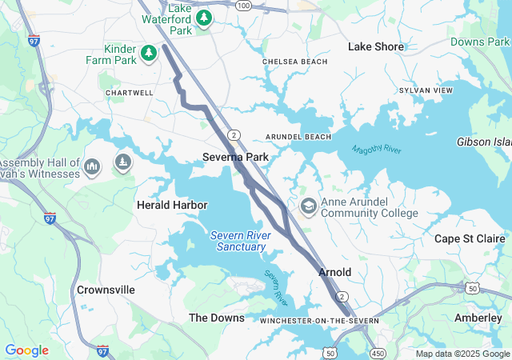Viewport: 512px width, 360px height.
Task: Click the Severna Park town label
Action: click(x=235, y=158)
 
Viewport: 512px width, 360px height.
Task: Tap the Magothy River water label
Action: click(x=377, y=150)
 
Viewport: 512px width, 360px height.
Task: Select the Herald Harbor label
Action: click(x=172, y=206)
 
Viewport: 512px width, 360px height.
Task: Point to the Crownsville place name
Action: click(x=106, y=290)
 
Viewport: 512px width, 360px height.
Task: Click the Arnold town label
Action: click(x=334, y=272)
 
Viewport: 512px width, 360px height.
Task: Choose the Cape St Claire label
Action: click(x=470, y=238)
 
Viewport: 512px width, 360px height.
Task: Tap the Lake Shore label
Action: click(x=375, y=47)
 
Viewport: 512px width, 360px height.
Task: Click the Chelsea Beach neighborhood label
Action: click(x=294, y=62)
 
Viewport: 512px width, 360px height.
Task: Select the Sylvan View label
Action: click(x=426, y=91)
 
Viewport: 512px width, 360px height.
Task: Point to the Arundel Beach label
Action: click(x=298, y=137)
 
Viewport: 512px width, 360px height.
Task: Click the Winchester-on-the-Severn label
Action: click(x=319, y=321)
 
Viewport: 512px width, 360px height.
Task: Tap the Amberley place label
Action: click(x=478, y=318)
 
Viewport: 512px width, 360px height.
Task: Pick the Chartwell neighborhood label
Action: click(x=129, y=93)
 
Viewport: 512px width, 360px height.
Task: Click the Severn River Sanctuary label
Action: click(x=241, y=241)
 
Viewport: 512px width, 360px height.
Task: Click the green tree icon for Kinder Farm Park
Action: click(x=148, y=54)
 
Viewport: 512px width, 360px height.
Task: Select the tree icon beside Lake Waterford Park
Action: click(x=204, y=18)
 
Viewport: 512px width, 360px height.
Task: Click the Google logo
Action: click(x=26, y=350)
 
